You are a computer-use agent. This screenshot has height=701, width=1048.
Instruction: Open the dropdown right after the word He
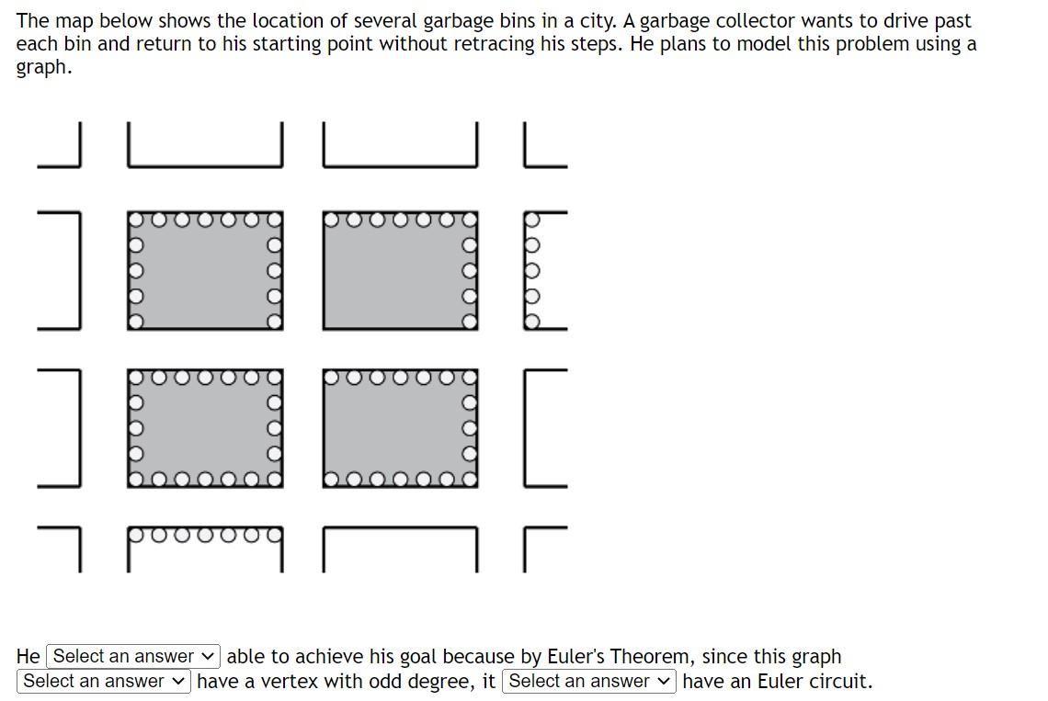click(x=134, y=656)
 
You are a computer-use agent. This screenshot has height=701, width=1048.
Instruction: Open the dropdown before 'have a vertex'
click(x=104, y=681)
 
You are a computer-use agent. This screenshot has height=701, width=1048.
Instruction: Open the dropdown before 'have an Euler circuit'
click(x=588, y=681)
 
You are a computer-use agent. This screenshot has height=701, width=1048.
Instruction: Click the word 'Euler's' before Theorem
click(x=575, y=656)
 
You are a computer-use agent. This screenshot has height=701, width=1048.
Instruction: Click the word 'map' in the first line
click(x=73, y=20)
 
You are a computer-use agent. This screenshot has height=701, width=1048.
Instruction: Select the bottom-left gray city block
click(x=204, y=427)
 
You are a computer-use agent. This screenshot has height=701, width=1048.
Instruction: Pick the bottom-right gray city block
click(x=399, y=427)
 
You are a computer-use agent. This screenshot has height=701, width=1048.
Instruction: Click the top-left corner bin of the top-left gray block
click(x=135, y=220)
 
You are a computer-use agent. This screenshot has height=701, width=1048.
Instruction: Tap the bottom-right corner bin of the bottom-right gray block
click(x=470, y=479)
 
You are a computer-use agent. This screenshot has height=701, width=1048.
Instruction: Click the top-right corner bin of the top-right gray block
click(x=470, y=220)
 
